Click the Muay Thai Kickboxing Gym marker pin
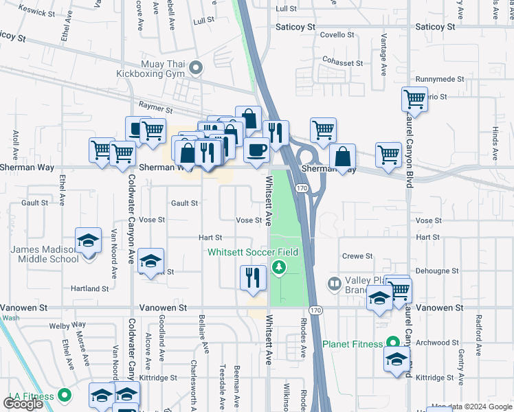[x=196, y=67]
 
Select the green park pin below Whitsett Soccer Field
[x=279, y=267]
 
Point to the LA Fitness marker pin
[x=65, y=396]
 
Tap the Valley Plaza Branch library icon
[x=334, y=283]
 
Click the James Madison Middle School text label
[x=45, y=254]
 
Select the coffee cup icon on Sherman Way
[x=257, y=150]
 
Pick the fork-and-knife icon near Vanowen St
[x=253, y=278]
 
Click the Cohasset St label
[x=344, y=62]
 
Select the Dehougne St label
[x=437, y=271]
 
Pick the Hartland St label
[x=90, y=289]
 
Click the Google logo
[x=23, y=404]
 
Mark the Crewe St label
[x=357, y=256]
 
